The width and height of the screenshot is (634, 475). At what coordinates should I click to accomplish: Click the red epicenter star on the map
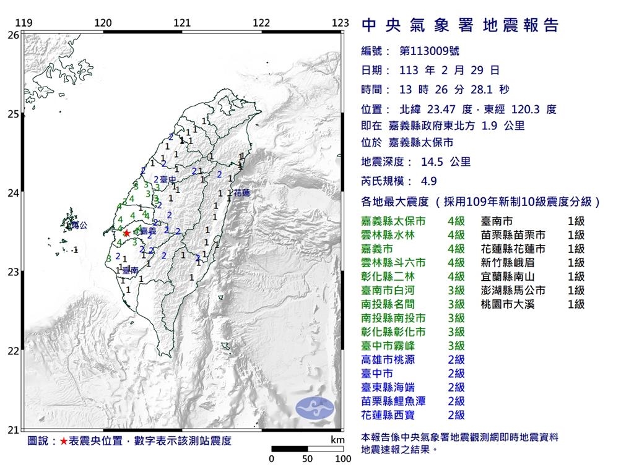pyautogui.click(x=126, y=233)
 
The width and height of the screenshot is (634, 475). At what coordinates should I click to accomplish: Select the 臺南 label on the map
pyautogui.click(x=130, y=270)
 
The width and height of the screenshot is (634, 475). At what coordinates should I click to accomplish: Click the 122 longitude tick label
pyautogui.click(x=261, y=23)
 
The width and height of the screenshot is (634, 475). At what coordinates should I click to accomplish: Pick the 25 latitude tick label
pyautogui.click(x=12, y=114)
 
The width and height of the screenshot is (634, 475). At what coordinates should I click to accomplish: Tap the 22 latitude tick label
pyautogui.click(x=12, y=351)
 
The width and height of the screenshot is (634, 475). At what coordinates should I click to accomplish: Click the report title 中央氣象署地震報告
pyautogui.click(x=459, y=25)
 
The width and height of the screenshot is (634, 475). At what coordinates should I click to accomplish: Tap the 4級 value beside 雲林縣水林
pyautogui.click(x=456, y=234)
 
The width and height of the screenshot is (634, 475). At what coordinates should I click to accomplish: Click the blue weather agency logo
pyautogui.click(x=315, y=407)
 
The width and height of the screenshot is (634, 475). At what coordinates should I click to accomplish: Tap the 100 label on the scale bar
pyautogui.click(x=343, y=459)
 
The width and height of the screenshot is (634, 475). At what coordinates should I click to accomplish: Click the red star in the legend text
pyautogui.click(x=64, y=441)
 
